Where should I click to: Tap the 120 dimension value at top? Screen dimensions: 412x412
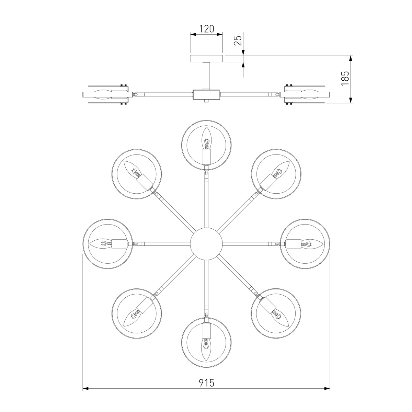[x=207, y=28]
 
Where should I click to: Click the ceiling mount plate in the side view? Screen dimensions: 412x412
[x=206, y=58]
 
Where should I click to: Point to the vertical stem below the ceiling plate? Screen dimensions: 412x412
[x=206, y=76]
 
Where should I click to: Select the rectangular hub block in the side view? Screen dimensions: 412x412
[x=206, y=94]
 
